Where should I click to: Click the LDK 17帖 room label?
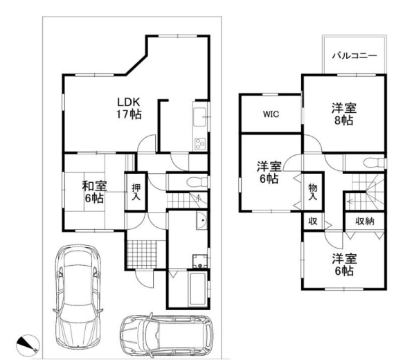tap(129, 108)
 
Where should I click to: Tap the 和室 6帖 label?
tap(94, 192)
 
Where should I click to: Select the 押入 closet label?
tap(136, 192)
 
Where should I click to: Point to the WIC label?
tap(271, 114)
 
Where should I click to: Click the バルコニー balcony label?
tap(355, 55)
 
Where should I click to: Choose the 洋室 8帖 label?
tap(344, 114)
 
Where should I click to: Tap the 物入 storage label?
tap(313, 192)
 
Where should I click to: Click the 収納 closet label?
tap(365, 222)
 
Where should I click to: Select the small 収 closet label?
tap(313, 222)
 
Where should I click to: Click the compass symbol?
tap(28, 345)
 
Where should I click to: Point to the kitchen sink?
tap(199, 117)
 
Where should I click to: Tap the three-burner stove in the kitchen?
tap(200, 144)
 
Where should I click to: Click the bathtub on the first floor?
tap(197, 289)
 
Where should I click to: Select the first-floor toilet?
tap(197, 183)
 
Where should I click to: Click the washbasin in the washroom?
tap(201, 221)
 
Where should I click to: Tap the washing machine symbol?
tap(200, 261)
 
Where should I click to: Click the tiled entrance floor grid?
tap(142, 254)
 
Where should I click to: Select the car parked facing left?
tap(167, 334)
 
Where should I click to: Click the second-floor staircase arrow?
tap(355, 201)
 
